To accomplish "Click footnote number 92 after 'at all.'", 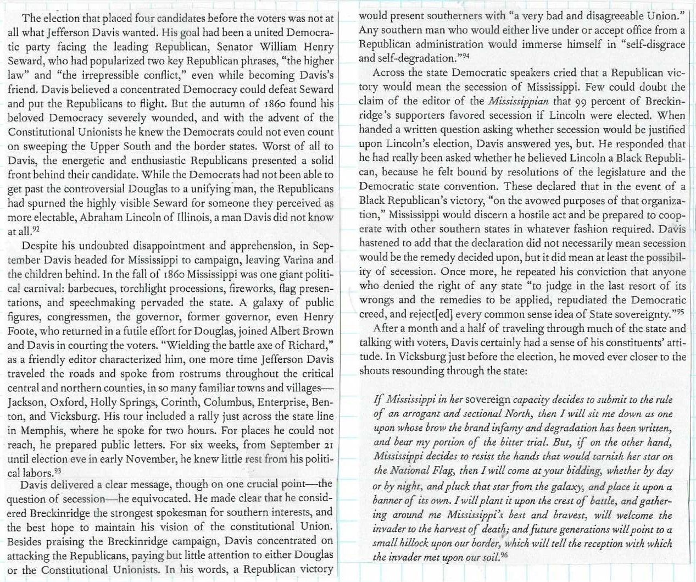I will pos(36,229).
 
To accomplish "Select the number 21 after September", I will pos(326,445).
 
